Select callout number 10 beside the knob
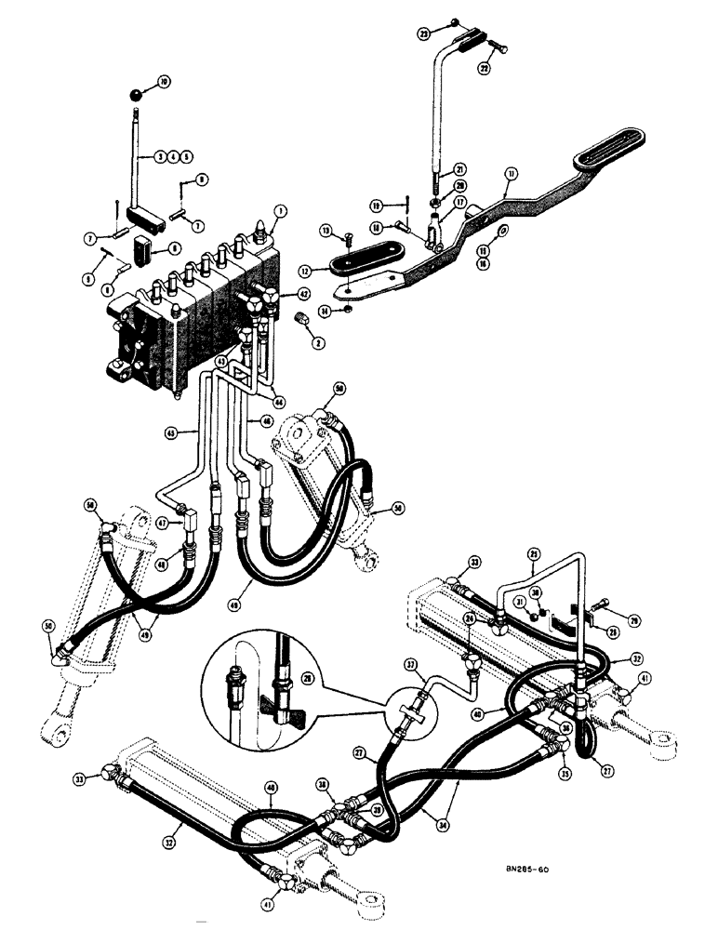point(164,83)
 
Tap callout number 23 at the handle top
point(424,33)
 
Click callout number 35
point(564,746)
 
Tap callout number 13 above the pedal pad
point(326,230)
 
